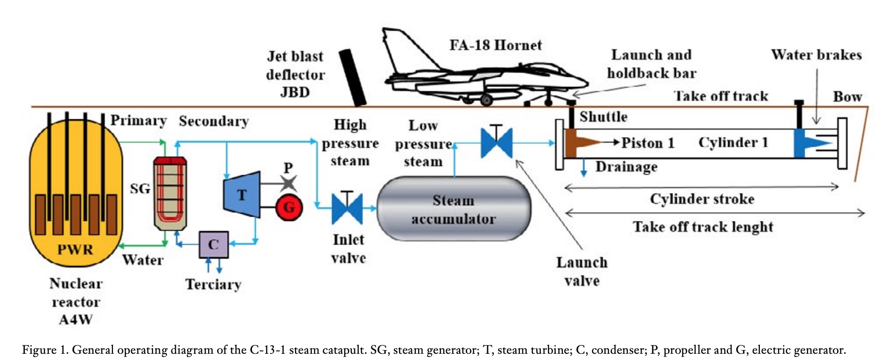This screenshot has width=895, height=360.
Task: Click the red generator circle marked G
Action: click(289, 208)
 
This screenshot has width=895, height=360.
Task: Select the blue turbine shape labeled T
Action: click(242, 194)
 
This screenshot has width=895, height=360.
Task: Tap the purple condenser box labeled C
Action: click(213, 245)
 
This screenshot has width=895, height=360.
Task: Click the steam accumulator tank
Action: click(453, 209)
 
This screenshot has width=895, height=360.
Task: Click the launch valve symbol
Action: click(496, 142)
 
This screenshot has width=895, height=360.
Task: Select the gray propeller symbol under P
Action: click(289, 183)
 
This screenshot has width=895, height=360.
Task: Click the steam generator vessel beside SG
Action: click(170, 193)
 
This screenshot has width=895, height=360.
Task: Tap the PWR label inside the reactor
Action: click(75, 249)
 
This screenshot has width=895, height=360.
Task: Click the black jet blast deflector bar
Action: click(352, 77)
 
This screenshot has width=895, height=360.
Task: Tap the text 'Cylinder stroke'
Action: click(702, 199)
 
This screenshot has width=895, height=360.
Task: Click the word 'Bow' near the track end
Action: click(847, 97)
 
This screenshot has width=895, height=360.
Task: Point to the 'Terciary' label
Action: click(213, 284)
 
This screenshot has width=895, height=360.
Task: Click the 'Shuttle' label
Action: click(603, 117)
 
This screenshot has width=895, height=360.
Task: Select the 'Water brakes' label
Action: click(816, 55)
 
